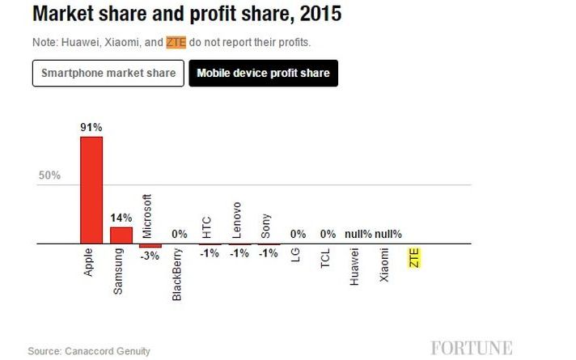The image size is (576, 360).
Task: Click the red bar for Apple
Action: click(91, 189)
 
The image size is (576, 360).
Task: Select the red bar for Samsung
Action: click(121, 235)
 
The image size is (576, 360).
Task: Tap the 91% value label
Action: click(91, 127)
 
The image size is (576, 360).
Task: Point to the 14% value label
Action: click(121, 218)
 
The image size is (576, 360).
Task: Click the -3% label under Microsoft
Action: click(150, 256)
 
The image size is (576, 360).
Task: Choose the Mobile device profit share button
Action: click(263, 74)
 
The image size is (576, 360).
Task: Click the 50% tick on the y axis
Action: click(49, 176)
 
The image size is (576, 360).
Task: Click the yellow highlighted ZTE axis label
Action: click(414, 259)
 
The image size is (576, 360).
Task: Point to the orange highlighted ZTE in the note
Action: click(176, 42)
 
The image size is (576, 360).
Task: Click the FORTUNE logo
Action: click(472, 349)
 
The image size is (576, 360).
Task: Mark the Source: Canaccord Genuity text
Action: click(89, 351)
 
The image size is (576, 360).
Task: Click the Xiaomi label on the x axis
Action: click(384, 266)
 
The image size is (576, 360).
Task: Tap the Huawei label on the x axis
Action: click(354, 268)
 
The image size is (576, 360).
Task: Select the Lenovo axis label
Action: click(236, 219)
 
